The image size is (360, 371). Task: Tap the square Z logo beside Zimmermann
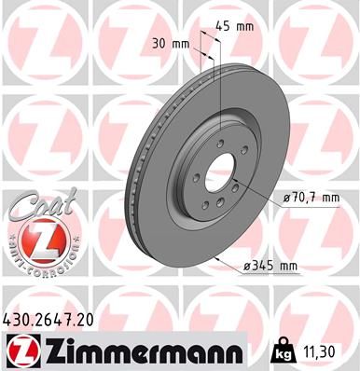pos(21,350)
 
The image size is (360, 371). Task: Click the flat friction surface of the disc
pos(177,233)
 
